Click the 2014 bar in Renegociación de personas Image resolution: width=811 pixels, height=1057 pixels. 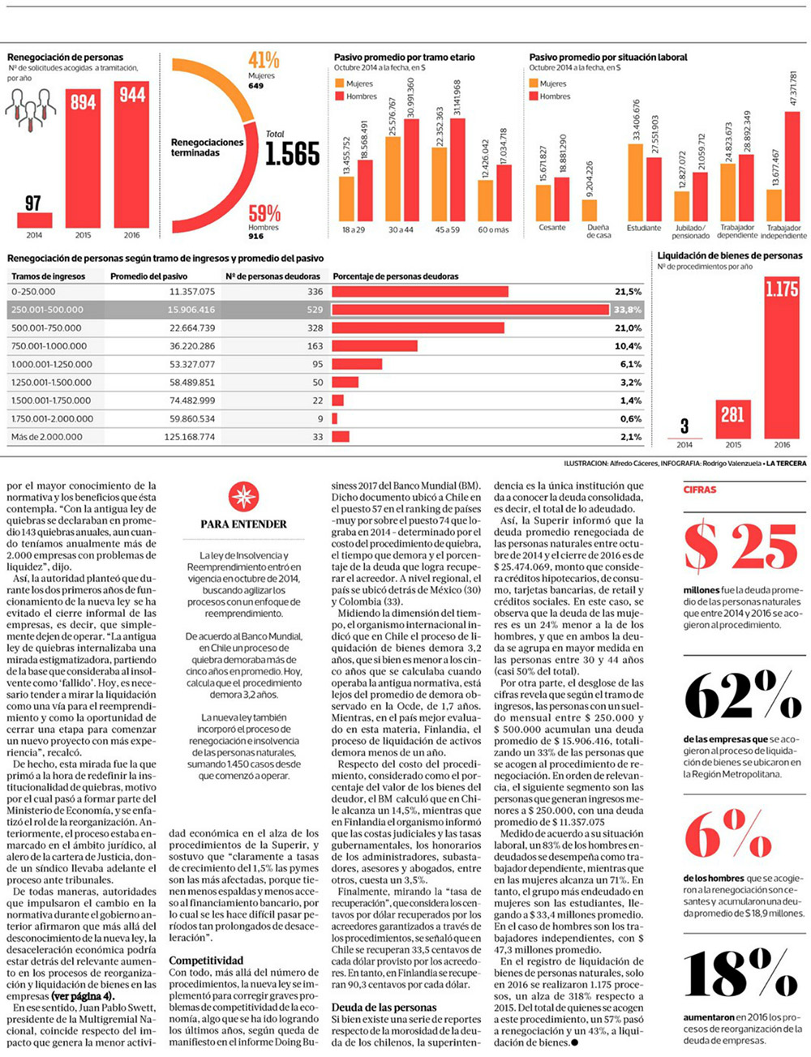(33, 220)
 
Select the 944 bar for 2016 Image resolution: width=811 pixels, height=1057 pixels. (131, 154)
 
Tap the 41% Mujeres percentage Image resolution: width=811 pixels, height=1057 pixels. (264, 60)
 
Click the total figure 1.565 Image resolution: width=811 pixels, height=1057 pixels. (293, 153)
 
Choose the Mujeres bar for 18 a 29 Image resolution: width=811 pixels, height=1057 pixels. (347, 199)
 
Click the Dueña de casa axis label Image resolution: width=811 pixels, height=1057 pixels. (599, 231)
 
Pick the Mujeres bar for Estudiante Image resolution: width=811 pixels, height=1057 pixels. (635, 182)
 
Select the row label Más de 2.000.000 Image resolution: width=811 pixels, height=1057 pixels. (47, 437)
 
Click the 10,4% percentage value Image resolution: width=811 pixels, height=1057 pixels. (628, 346)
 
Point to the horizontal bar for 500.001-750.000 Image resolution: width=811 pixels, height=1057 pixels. (418, 327)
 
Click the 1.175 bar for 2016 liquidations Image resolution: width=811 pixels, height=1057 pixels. (781, 357)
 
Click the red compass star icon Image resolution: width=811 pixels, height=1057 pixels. (243, 495)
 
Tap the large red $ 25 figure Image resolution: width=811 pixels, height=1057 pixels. (741, 547)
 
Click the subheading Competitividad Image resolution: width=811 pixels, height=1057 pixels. (206, 961)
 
